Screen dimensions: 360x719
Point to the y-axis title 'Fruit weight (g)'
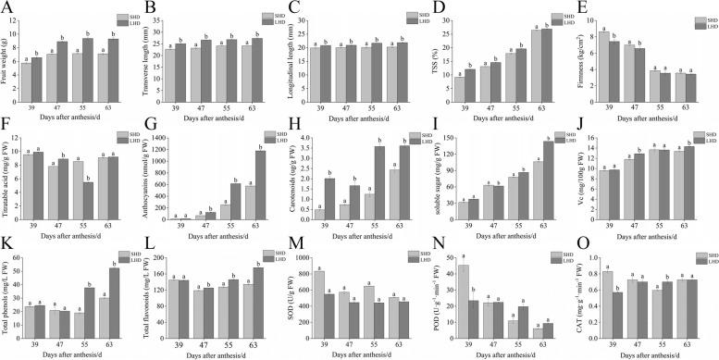[7, 56]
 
